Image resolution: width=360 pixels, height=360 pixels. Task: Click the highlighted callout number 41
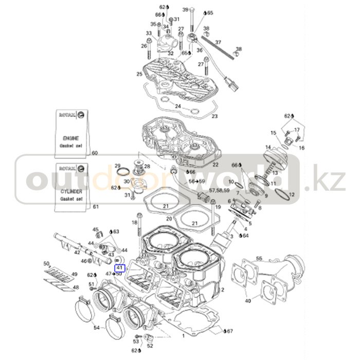[119, 267]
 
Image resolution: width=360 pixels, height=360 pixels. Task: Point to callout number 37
[218, 42]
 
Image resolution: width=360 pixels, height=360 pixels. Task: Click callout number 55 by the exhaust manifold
[259, 258]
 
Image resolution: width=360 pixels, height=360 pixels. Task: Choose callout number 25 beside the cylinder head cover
[139, 74]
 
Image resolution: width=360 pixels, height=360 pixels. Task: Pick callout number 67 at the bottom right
[229, 331]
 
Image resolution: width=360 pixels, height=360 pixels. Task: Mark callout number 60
[94, 153]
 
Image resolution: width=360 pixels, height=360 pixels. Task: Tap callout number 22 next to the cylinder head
[215, 165]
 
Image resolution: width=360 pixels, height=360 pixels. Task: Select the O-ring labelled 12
[282, 194]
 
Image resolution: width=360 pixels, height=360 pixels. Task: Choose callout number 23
[214, 116]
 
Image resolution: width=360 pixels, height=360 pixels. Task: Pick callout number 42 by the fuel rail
[77, 252]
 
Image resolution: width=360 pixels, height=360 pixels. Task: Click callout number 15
[274, 133]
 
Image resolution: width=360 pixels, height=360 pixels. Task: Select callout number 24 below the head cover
[178, 106]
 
